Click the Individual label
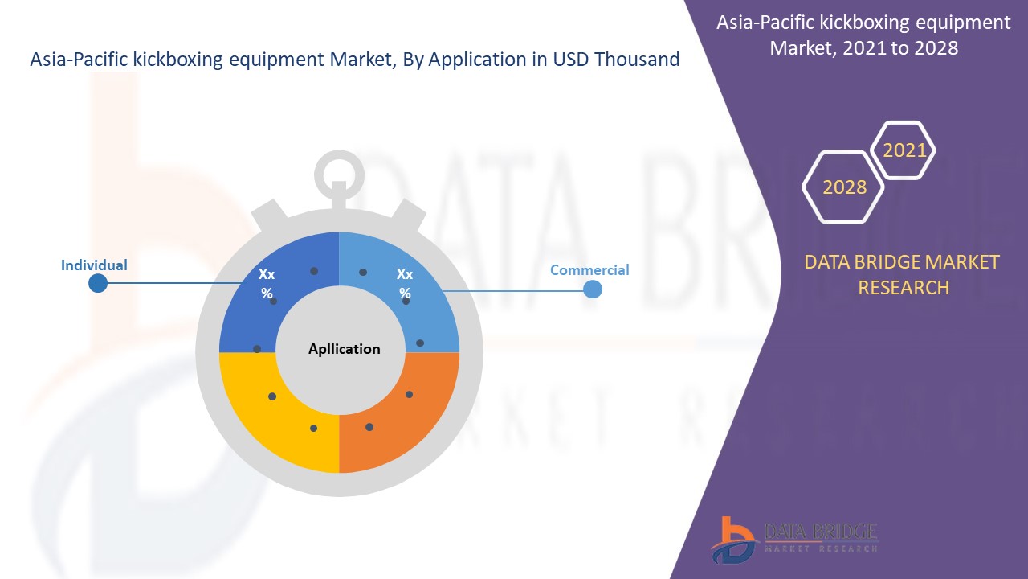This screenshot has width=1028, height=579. (94, 265)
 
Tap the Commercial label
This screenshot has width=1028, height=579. (589, 270)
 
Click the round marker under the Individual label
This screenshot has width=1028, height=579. (98, 283)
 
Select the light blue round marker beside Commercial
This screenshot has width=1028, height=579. (593, 289)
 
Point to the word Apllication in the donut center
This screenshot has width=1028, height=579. (345, 349)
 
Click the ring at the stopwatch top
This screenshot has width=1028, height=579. (339, 154)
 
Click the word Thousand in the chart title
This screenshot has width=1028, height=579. (637, 60)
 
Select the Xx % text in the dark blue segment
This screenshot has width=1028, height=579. (267, 284)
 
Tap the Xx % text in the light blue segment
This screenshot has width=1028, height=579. (405, 284)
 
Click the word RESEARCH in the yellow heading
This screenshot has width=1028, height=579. (904, 288)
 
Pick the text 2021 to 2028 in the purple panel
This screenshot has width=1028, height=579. (900, 47)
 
